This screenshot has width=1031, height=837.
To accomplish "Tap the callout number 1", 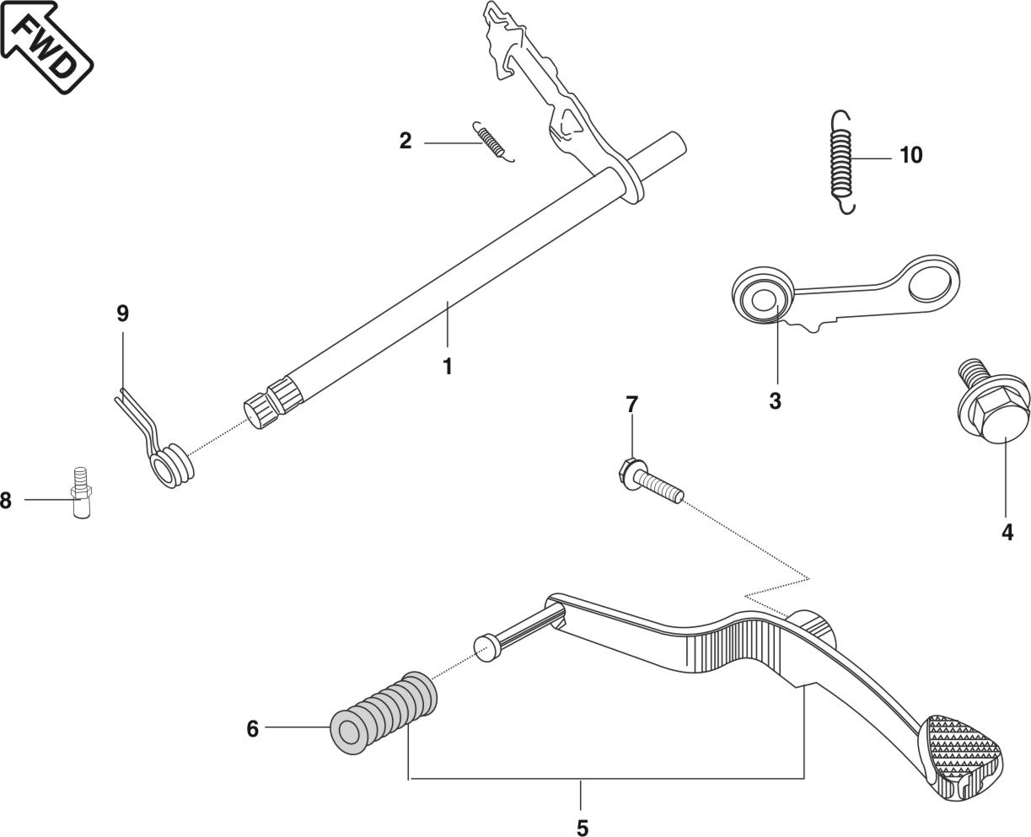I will tap(448, 368).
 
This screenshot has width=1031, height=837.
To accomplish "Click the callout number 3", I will tap(775, 401).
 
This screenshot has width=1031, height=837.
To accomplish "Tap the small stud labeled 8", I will tap(81, 497).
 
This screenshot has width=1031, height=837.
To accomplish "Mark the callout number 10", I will tap(910, 155).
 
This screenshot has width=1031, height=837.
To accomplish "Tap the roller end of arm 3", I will tap(763, 298).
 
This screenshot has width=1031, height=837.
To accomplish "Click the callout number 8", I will tap(6, 501).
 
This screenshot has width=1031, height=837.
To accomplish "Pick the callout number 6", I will tap(252, 728).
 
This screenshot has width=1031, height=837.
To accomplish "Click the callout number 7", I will tap(631, 405).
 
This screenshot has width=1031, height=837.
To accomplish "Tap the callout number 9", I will tap(122, 314).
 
